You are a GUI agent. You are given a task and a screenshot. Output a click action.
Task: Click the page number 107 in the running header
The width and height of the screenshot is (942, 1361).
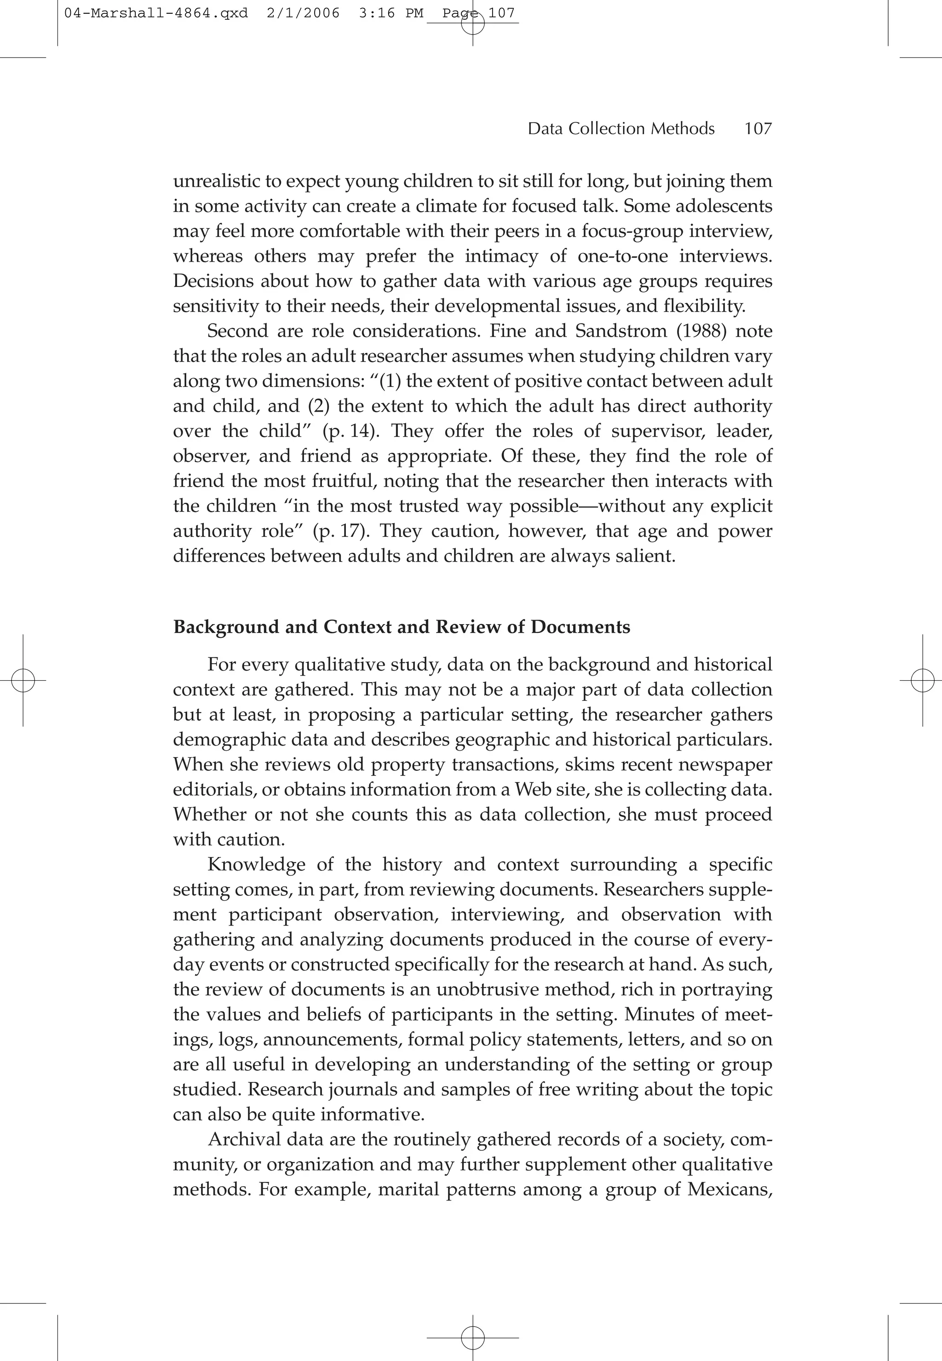pyautogui.click(x=758, y=129)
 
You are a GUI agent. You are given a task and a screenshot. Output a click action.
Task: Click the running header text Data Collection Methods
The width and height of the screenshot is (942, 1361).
pyautogui.click(x=621, y=129)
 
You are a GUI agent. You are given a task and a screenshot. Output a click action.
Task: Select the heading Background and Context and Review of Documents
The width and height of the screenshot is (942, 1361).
pyautogui.click(x=402, y=627)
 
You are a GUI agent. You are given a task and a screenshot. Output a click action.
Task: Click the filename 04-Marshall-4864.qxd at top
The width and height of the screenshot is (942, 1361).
pyautogui.click(x=156, y=13)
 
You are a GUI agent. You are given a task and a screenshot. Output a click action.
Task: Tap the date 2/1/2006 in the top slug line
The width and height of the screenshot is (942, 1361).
pyautogui.click(x=303, y=13)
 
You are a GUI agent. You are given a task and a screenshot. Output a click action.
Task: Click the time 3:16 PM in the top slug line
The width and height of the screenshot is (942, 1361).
pyautogui.click(x=391, y=13)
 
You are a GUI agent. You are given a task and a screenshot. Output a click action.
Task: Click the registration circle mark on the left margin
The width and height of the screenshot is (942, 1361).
pyautogui.click(x=23, y=681)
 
